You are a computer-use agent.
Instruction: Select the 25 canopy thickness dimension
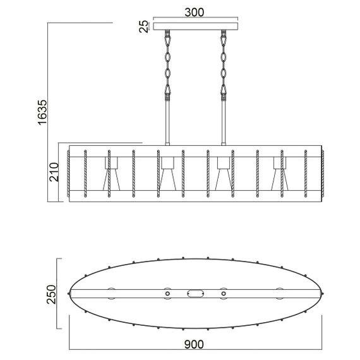pyautogui.click(x=144, y=26)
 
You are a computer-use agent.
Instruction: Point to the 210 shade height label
pyautogui.click(x=54, y=172)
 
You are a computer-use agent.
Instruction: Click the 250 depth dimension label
pyautogui.click(x=53, y=293)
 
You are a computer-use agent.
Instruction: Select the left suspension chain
pyautogui.click(x=167, y=63)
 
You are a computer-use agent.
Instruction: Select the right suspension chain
pyautogui.click(x=223, y=63)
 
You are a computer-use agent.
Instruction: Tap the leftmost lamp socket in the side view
pyautogui.click(x=111, y=163)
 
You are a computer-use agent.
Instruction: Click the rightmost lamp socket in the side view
pyautogui.click(x=280, y=163)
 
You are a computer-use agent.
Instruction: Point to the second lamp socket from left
pyautogui.click(x=167, y=163)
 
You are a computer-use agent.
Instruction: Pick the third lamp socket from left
pyautogui.click(x=223, y=163)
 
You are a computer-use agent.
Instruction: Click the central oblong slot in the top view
pyautogui.click(x=195, y=294)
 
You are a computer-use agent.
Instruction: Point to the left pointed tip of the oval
pyautogui.click(x=69, y=294)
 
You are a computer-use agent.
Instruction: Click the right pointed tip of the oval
pyautogui.click(x=323, y=294)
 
